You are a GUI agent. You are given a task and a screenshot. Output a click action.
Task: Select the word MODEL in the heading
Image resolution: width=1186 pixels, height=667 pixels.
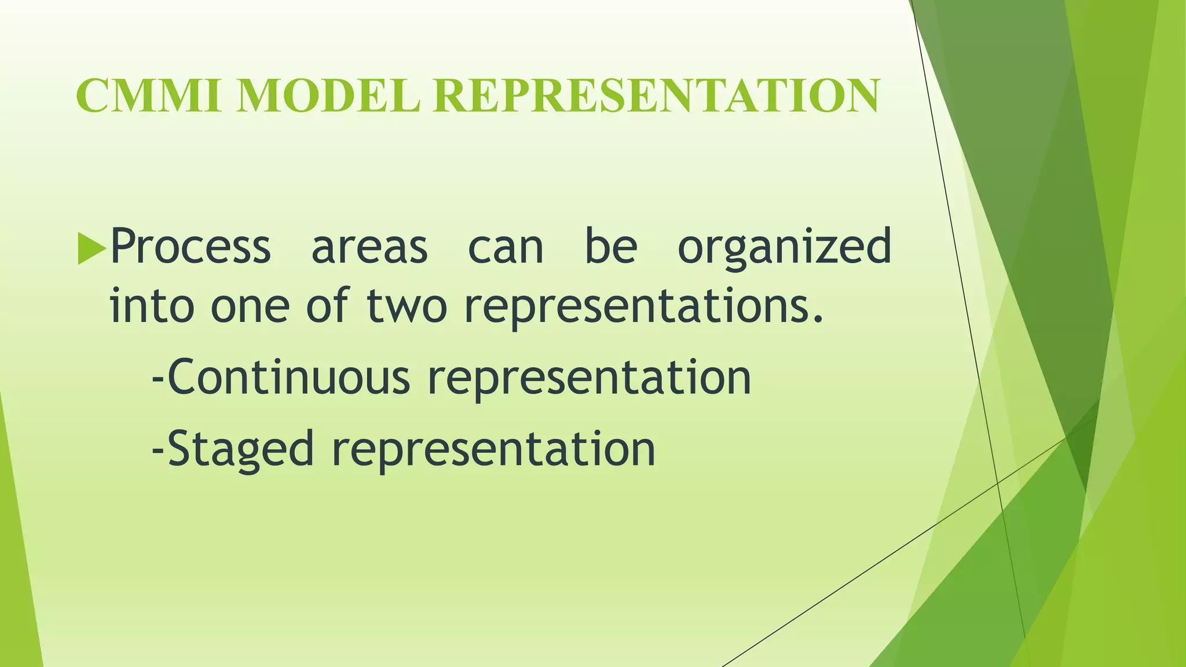[x=328, y=96]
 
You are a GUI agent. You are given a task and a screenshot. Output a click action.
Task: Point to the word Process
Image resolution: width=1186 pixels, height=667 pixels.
[x=191, y=246]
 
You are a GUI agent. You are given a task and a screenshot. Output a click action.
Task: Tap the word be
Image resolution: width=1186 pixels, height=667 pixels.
[x=611, y=246]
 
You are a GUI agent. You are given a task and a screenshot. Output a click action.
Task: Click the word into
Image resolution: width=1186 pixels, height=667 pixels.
[x=152, y=305]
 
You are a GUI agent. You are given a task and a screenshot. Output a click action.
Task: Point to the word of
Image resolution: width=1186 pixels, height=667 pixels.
[x=327, y=305]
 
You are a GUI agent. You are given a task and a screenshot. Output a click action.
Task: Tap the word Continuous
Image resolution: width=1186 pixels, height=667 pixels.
[x=288, y=378]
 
